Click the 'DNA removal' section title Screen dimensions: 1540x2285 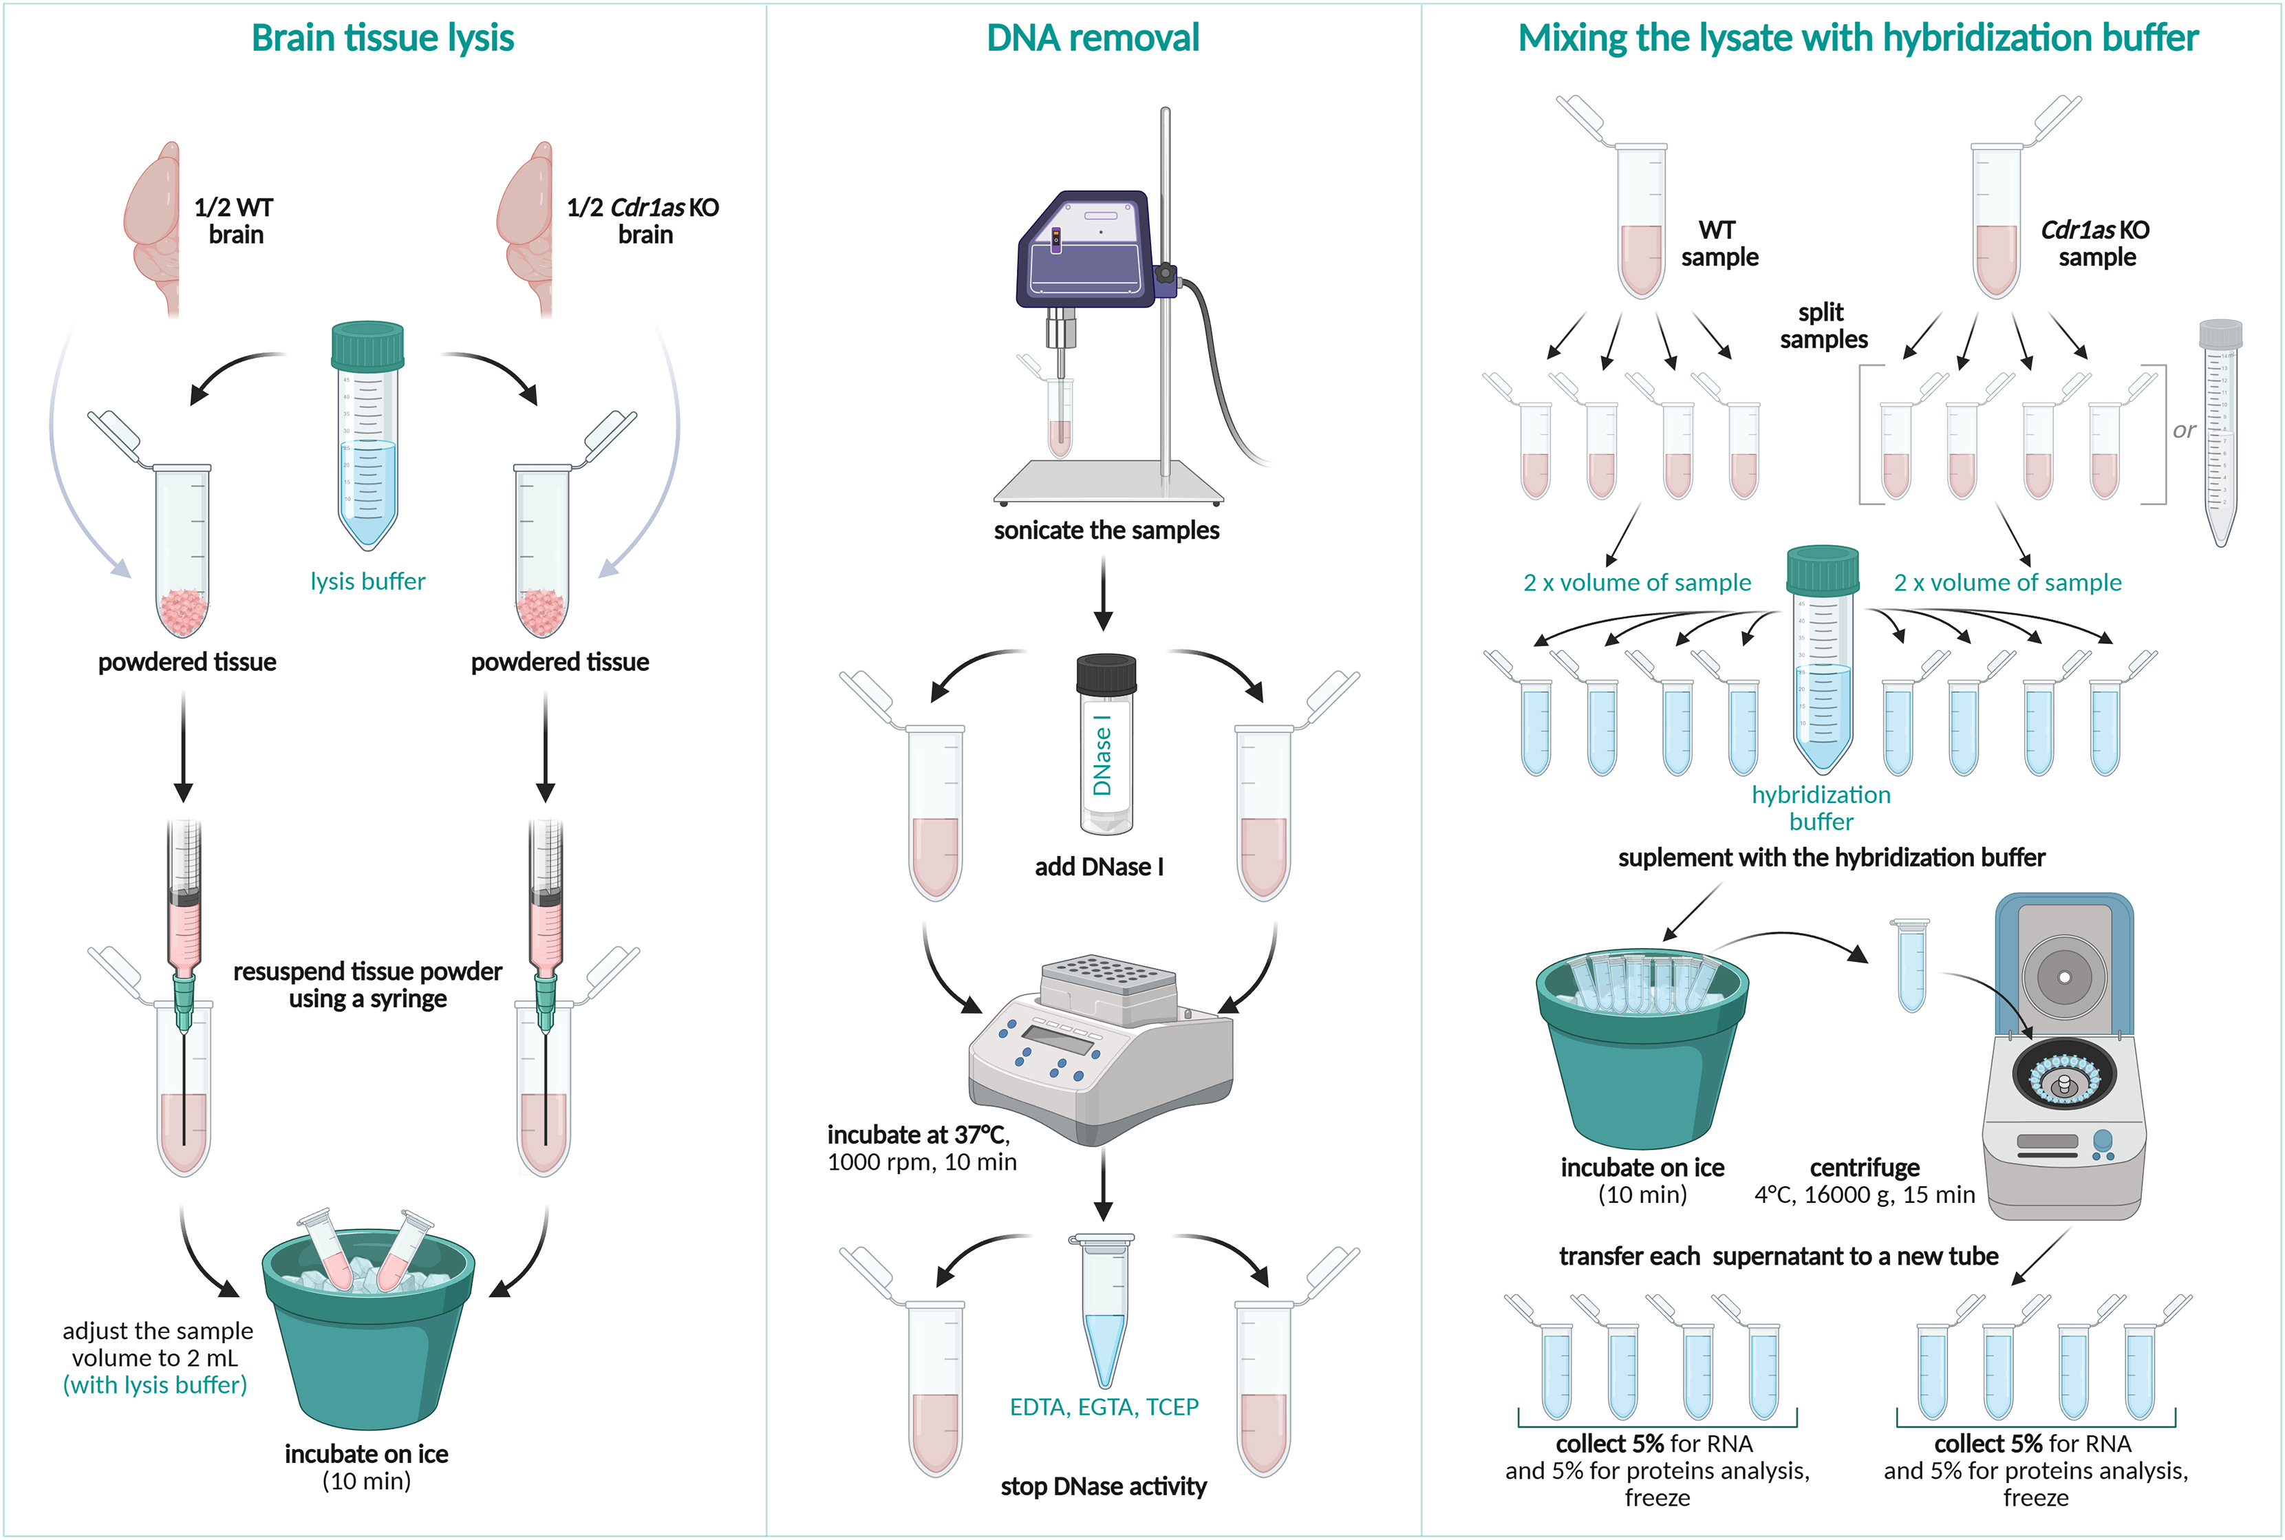tap(1092, 39)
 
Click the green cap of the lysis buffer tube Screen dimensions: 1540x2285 tap(367, 345)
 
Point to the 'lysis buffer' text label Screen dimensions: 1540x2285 tap(367, 581)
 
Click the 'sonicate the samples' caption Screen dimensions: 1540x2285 tap(1106, 531)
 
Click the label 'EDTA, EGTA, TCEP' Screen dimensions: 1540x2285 tap(1104, 1407)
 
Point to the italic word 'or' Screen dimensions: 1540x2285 tap(2183, 430)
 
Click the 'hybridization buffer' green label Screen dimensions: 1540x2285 tap(1821, 807)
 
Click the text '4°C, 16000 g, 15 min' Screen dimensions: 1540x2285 tap(1864, 1195)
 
